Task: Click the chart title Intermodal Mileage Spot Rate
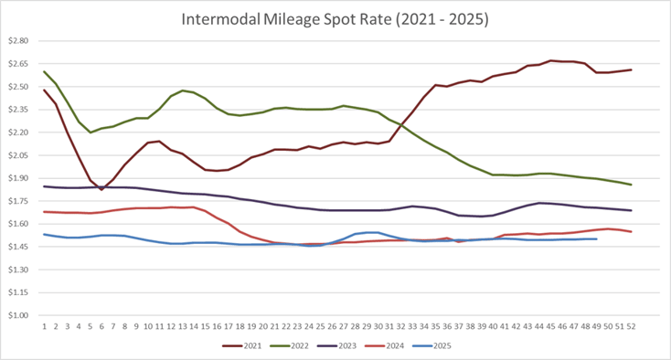tap(335, 18)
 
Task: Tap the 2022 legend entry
tap(296, 346)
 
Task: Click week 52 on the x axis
tap(631, 325)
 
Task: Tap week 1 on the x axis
tap(44, 325)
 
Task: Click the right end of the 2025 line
tap(596, 239)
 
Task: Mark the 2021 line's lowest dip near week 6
tap(101, 189)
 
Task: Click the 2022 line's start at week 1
tap(44, 71)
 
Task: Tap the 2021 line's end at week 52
tap(631, 70)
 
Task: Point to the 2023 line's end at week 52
tap(631, 210)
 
